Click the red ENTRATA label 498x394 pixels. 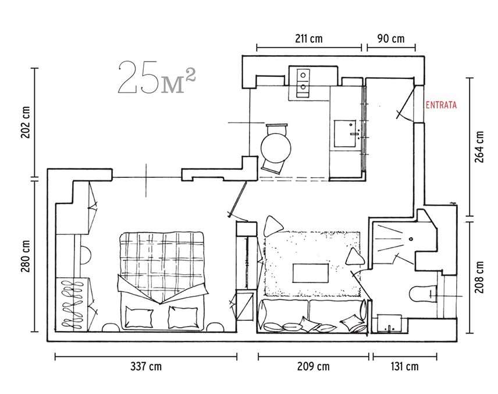point(441,105)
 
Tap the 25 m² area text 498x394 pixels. point(156,77)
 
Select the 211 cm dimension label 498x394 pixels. point(309,39)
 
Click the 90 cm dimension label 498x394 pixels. point(391,39)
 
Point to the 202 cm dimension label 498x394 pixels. point(26,122)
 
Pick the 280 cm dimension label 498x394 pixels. point(26,256)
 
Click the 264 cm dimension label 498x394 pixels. point(479,147)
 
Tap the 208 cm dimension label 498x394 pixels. point(479,277)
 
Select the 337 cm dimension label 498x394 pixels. point(146,367)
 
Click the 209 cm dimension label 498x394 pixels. point(314,367)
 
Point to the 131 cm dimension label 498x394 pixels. point(405,367)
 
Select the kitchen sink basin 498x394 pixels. point(344,133)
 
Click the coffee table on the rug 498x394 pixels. point(310,273)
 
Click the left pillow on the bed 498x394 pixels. point(138,316)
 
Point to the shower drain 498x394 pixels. point(411,239)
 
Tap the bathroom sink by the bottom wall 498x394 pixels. point(389,324)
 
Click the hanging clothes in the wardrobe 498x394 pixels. point(74,305)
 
